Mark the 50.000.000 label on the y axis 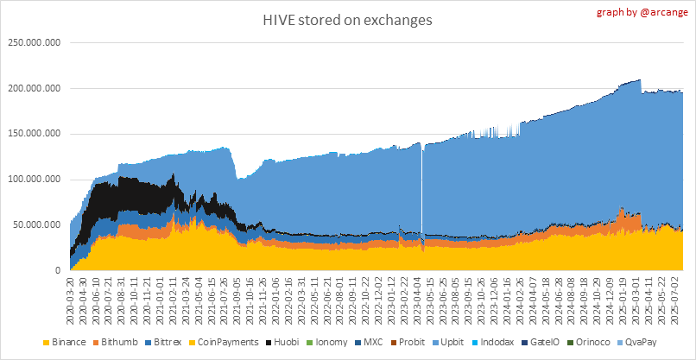(x=35, y=225)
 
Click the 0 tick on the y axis (x=57, y=271)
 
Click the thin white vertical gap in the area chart (x=421, y=190)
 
